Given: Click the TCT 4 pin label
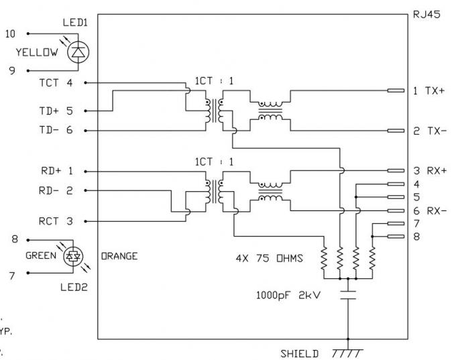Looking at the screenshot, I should tap(56, 83).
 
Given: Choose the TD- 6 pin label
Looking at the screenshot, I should tap(56, 131).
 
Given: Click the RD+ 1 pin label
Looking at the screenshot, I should tap(56, 171).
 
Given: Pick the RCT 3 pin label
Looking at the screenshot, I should tap(56, 221).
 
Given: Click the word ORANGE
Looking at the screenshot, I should tap(119, 255).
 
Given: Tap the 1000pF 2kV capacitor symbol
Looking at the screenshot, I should tap(348, 296).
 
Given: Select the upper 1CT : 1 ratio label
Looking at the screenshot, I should tap(215, 81).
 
